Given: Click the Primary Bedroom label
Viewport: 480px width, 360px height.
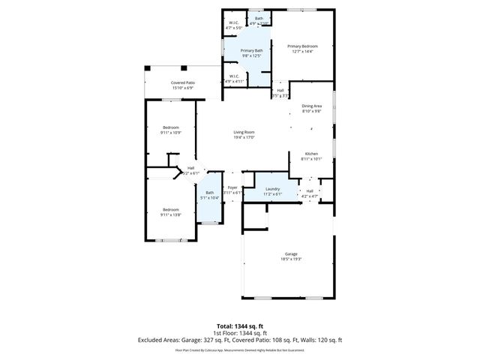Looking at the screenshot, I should click(304, 46).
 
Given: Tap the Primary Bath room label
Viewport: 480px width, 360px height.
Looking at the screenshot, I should click(250, 51).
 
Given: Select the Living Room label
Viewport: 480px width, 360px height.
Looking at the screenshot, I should click(244, 133).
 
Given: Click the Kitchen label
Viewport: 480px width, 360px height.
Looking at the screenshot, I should click(311, 154).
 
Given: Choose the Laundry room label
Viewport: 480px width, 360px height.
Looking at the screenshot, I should click(272, 189).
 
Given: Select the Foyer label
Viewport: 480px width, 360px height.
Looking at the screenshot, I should click(233, 187).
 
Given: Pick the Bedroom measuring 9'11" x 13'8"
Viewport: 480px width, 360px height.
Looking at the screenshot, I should click(170, 209).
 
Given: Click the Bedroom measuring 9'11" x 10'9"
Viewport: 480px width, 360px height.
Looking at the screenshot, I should click(170, 127).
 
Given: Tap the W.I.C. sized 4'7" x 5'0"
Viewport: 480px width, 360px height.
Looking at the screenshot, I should click(234, 23).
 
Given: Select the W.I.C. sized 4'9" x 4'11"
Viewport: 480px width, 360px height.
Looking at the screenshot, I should click(234, 76).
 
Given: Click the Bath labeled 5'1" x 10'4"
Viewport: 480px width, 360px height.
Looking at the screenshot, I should click(209, 193).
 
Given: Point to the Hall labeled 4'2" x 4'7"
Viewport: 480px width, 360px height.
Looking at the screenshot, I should click(309, 190).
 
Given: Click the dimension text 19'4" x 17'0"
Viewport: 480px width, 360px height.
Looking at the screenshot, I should click(244, 137).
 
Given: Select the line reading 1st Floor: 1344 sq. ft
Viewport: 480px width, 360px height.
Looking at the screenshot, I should click(240, 333).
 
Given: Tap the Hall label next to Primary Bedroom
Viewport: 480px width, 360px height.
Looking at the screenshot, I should click(280, 91).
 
